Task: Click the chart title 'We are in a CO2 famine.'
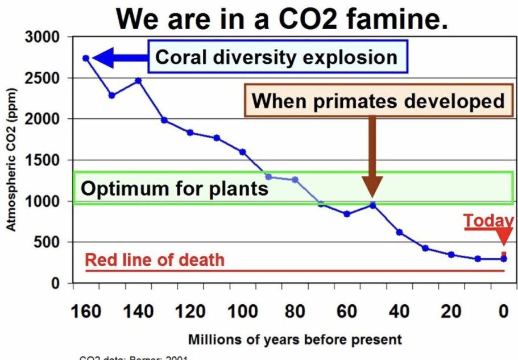pos(281,19)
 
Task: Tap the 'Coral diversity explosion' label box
pos(277,57)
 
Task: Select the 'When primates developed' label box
pos(378,101)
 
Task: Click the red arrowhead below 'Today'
pos(504,237)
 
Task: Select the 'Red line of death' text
pos(155,260)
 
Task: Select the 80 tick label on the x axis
pos(295,312)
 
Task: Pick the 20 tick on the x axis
pos(451,312)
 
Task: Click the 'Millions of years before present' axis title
pos(295,340)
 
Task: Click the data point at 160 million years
pos(86,58)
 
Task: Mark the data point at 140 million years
pos(138,80)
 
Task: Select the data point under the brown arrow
pos(372,205)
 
